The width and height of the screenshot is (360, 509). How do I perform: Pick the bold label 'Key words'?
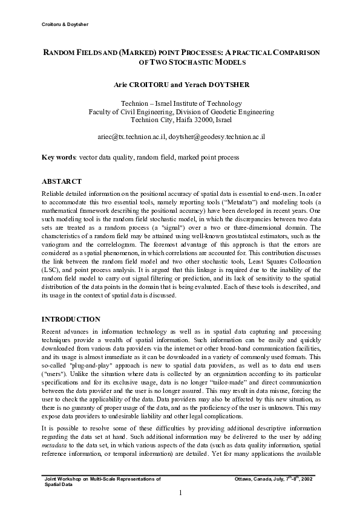[x=58, y=157]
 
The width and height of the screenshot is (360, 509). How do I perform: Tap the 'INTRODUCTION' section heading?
[x=70, y=319]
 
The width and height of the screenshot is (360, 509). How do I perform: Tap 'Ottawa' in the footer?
[x=245, y=479]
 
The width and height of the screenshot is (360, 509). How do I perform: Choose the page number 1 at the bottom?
[x=180, y=493]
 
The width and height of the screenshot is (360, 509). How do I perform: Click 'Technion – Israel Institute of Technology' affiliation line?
[x=181, y=103]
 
